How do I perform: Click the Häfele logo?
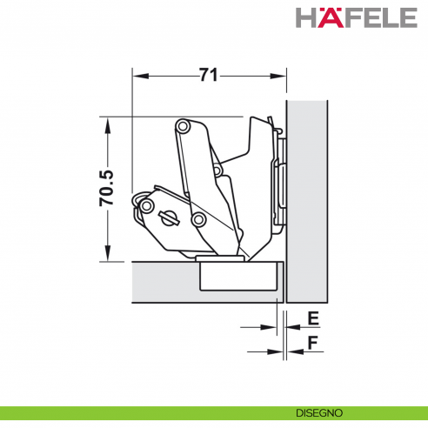[357, 17]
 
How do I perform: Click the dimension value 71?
[209, 75]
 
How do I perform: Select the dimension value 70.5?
[106, 188]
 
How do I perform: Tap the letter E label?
[313, 318]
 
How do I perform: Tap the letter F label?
[313, 343]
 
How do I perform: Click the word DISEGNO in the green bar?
[319, 413]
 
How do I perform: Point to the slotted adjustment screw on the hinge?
[170, 218]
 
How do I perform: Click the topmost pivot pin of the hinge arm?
[183, 126]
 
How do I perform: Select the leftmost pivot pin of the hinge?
[146, 206]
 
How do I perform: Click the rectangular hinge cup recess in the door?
[237, 276]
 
